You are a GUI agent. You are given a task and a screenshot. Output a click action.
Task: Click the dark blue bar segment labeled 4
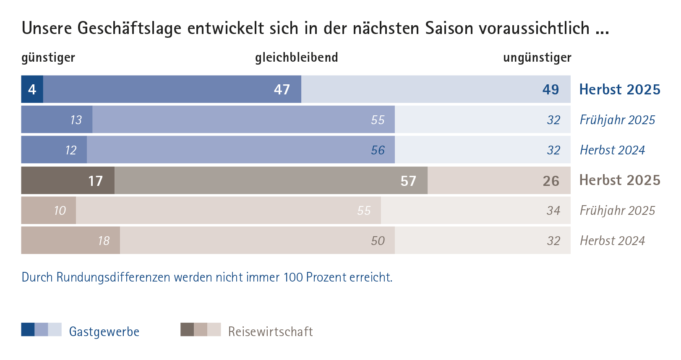click(x=32, y=89)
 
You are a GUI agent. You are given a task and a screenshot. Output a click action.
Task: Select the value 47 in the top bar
click(x=282, y=89)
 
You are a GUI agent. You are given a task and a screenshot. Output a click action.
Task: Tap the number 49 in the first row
click(x=551, y=89)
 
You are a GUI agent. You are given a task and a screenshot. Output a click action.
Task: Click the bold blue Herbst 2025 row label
click(x=619, y=89)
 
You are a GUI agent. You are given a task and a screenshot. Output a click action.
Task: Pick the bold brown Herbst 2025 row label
click(x=619, y=180)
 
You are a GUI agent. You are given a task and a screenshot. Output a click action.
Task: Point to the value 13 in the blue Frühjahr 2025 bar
click(x=76, y=120)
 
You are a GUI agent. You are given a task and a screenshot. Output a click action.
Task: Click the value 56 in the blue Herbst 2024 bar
click(x=378, y=150)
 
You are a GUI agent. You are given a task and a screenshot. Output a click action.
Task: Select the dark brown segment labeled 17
click(x=95, y=181)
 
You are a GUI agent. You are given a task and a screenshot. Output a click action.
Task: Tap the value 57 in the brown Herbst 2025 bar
click(x=408, y=181)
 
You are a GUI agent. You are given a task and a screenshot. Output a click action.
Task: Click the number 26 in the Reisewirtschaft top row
click(x=551, y=181)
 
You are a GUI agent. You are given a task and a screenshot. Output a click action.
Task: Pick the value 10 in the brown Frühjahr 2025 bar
click(x=60, y=211)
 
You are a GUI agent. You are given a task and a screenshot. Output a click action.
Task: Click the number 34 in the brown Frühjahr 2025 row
click(x=553, y=211)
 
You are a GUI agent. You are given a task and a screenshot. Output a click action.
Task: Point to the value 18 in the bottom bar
click(x=104, y=241)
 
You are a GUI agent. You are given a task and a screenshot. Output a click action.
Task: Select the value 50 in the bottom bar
click(x=378, y=241)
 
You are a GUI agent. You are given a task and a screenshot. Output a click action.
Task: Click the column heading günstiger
click(x=48, y=57)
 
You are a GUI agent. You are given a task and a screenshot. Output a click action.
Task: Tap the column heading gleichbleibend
click(x=296, y=57)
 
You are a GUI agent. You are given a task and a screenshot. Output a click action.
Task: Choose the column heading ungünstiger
click(x=537, y=57)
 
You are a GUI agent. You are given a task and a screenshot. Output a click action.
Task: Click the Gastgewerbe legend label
click(x=104, y=331)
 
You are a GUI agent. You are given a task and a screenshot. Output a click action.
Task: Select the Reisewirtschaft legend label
click(x=270, y=331)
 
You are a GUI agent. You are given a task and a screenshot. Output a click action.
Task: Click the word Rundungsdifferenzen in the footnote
click(x=114, y=277)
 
